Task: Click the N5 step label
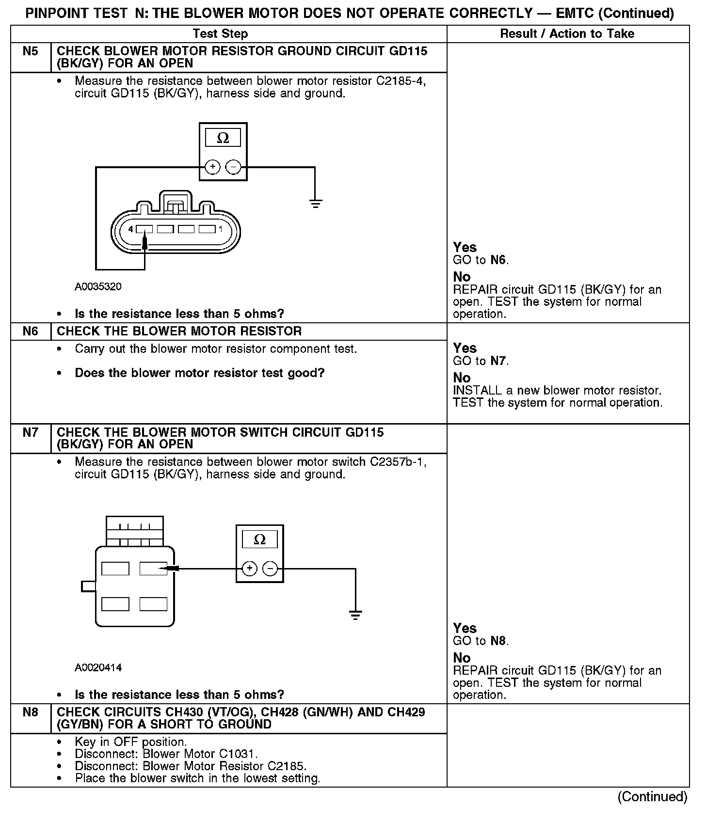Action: [30, 51]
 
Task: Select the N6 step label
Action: [30, 332]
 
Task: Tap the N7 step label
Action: [30, 432]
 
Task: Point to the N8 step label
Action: [30, 712]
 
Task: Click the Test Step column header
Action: [220, 33]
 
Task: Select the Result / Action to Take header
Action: [567, 33]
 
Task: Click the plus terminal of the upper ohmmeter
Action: [213, 167]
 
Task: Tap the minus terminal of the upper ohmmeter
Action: [234, 167]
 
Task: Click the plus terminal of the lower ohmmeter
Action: [249, 568]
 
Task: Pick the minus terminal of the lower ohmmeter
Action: [271, 568]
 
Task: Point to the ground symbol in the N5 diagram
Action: [315, 204]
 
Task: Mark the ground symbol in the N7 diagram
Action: [355, 616]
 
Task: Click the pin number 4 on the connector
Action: [130, 229]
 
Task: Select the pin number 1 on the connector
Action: [221, 229]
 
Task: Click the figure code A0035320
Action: [98, 286]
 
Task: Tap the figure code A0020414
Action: [98, 667]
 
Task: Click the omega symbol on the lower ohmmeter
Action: [260, 539]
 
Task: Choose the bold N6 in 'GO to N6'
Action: [498, 260]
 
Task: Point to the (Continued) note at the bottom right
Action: [652, 797]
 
